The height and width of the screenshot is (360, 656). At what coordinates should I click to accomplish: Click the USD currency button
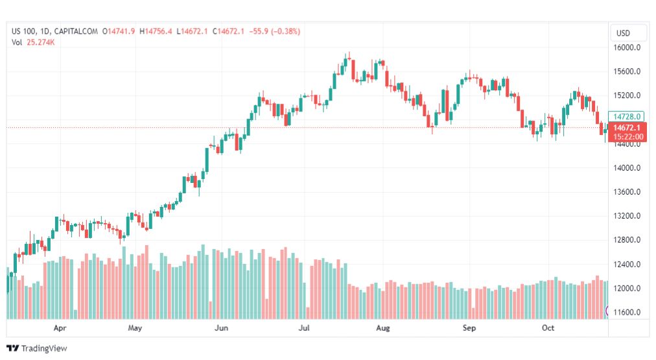(623, 33)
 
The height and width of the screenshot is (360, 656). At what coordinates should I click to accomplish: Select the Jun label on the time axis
(222, 328)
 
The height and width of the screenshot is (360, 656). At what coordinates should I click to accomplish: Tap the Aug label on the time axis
(383, 328)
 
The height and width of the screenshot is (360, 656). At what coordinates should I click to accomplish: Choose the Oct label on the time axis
(548, 328)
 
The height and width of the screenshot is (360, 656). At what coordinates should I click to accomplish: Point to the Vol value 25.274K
(40, 42)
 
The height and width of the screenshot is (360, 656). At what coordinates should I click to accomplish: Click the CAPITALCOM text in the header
(76, 31)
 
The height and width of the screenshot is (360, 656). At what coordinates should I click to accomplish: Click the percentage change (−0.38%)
(282, 31)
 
